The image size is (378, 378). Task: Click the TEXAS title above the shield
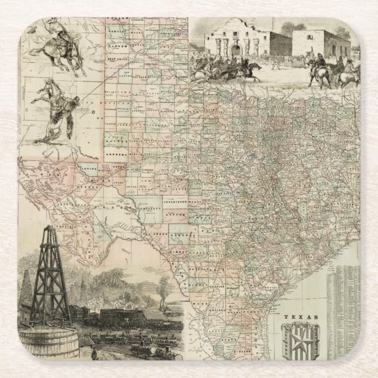[300, 318]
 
